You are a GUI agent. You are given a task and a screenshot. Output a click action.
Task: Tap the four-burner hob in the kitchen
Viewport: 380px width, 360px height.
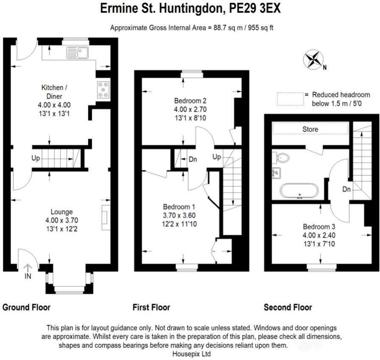pos(103,90)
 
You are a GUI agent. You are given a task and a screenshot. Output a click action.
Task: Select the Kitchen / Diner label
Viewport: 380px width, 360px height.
pos(54,91)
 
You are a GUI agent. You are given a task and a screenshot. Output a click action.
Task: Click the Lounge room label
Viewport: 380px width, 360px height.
pos(62,211)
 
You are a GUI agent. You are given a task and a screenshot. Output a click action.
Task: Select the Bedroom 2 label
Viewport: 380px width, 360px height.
pos(190,101)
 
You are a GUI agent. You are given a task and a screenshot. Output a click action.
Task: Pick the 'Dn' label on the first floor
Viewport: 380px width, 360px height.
pos(193,160)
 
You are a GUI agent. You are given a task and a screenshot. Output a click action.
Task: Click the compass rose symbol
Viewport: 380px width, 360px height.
pos(313,60)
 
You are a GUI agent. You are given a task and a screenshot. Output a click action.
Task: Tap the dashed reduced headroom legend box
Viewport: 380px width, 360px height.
pos(291,99)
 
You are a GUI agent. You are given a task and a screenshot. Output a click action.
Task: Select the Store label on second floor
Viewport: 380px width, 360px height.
pos(310,129)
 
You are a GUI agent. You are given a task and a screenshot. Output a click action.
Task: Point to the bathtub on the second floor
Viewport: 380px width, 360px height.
pos(299,190)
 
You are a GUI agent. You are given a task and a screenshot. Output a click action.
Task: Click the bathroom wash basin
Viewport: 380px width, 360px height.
pos(276,172)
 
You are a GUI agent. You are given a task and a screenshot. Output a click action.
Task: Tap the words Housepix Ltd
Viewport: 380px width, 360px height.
pos(192,353)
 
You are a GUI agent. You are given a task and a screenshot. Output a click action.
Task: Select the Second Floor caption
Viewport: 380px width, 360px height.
pos(288,307)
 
